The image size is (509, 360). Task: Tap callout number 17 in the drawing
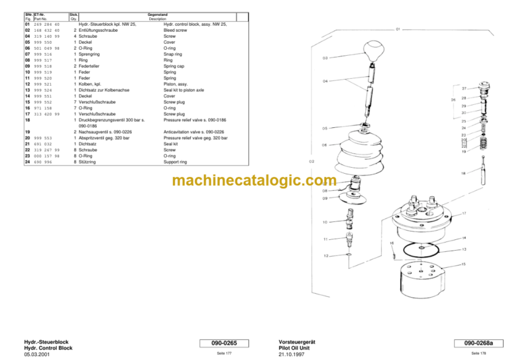coord(464,213)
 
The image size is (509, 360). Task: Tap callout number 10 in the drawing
coord(325,221)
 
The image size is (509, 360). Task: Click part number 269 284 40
coord(46,25)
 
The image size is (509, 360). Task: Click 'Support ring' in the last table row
coord(180,162)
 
